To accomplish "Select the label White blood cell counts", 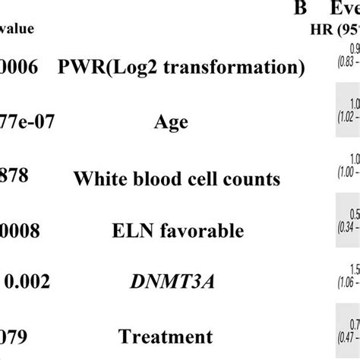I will pyautogui.click(x=177, y=179).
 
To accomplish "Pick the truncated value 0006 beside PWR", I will pyautogui.click(x=17, y=67).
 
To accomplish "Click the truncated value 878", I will pyautogui.click(x=14, y=175).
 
